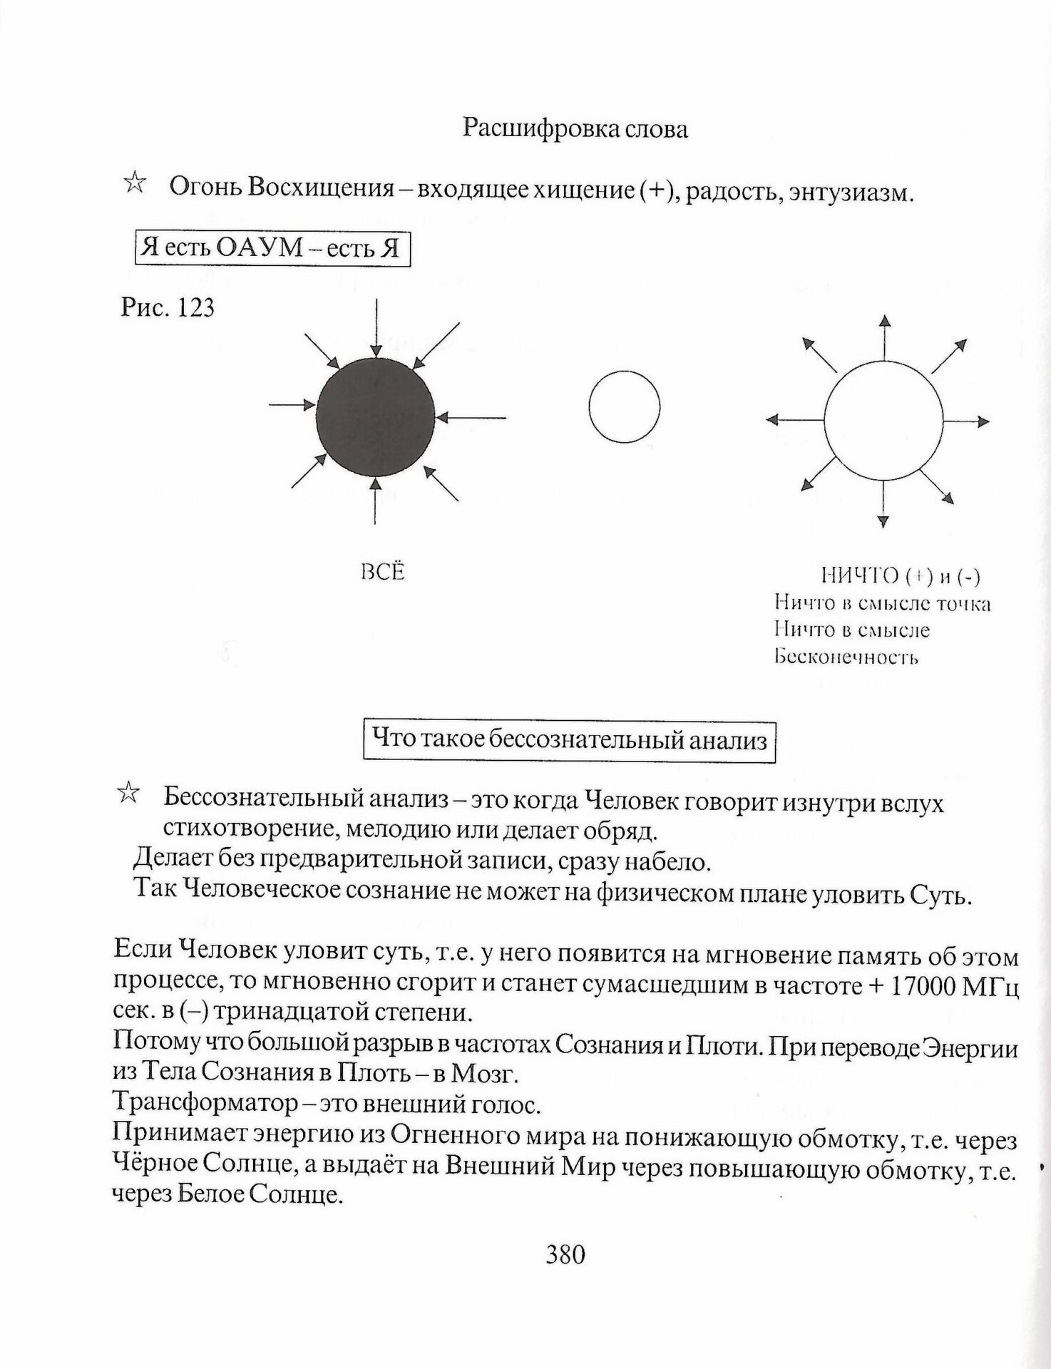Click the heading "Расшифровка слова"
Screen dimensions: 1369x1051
pos(575,128)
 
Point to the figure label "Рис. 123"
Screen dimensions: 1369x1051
pos(168,307)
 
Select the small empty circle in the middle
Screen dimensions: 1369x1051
pos(624,406)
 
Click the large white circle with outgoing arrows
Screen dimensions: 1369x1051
pos(883,421)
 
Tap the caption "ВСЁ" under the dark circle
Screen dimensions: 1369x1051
pos(383,572)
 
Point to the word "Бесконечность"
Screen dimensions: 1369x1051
pos(846,656)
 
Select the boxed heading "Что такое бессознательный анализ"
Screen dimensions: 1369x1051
pos(569,741)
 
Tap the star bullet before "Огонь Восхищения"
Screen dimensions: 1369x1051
pos(134,183)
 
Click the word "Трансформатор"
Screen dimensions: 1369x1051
pos(205,1104)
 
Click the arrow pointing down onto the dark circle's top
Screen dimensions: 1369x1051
pos(376,328)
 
